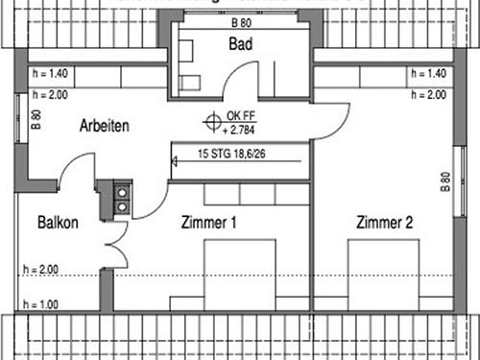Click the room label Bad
[x=240, y=44]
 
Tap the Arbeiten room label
[x=105, y=126]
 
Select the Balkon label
[x=58, y=223]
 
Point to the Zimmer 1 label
[x=209, y=223]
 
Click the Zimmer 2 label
[x=384, y=223]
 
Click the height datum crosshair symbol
[x=210, y=122]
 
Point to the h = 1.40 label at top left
[x=47, y=73]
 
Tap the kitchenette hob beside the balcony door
[x=123, y=198]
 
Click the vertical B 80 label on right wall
[x=444, y=182]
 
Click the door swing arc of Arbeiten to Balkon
[x=75, y=168]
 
